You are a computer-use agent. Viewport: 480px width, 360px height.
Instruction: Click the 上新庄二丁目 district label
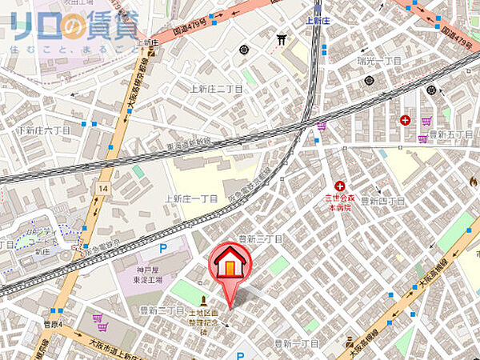pos(214,90)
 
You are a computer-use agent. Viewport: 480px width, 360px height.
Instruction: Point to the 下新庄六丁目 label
pos(42,130)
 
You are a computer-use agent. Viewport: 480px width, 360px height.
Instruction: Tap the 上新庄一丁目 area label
pos(191,198)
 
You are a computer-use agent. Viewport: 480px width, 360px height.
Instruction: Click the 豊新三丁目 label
pos(261,239)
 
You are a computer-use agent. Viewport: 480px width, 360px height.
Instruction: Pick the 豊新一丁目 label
pos(297,342)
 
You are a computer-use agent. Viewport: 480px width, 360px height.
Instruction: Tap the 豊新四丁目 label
pos(380,200)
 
